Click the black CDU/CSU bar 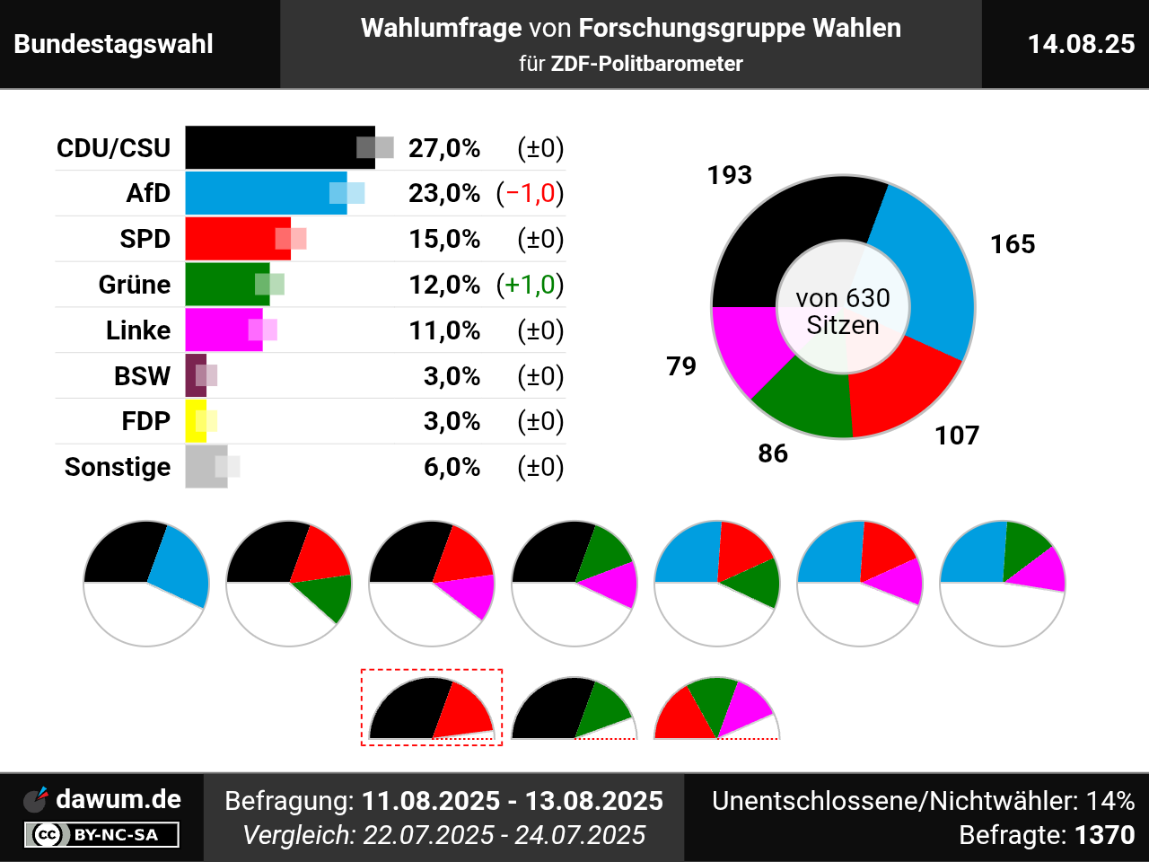(x=269, y=147)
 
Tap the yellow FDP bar (x=194, y=421)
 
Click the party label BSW (x=142, y=375)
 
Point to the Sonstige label (x=118, y=467)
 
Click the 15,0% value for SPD (x=444, y=239)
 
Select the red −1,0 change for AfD (x=531, y=193)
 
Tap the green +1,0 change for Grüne (x=531, y=285)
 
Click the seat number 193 (x=729, y=175)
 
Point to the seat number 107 (x=956, y=435)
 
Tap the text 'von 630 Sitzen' (x=842, y=311)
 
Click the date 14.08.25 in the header (x=1081, y=44)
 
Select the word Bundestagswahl (x=114, y=44)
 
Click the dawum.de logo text (x=118, y=799)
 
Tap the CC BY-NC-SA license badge (x=101, y=835)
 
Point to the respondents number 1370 (x=1104, y=835)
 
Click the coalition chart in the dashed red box (x=432, y=708)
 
